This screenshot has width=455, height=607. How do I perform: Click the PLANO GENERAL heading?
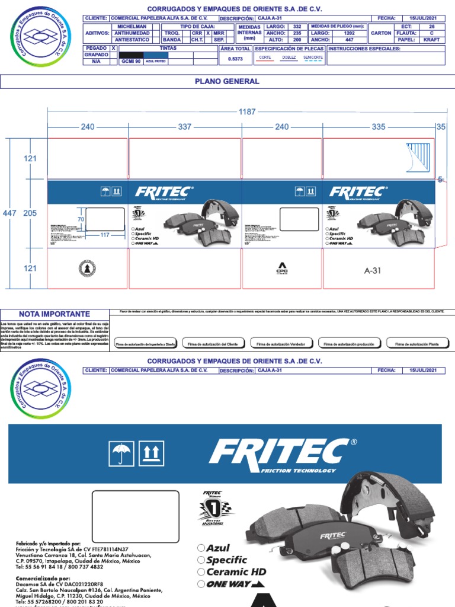[227, 81]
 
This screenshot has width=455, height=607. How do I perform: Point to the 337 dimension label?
[185, 127]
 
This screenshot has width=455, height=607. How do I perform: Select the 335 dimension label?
[379, 127]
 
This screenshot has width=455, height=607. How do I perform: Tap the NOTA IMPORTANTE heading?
[55, 314]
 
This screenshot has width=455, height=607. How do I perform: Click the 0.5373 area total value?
[235, 59]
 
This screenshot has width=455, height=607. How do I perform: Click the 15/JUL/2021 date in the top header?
[423, 19]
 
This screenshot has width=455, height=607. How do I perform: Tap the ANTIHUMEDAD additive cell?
[132, 33]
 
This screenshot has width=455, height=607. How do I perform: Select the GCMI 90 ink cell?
[131, 60]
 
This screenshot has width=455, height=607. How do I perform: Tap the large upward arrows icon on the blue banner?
[150, 454]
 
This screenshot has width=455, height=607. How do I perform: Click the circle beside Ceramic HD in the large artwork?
[201, 572]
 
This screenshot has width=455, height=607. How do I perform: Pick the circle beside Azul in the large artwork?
[201, 548]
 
